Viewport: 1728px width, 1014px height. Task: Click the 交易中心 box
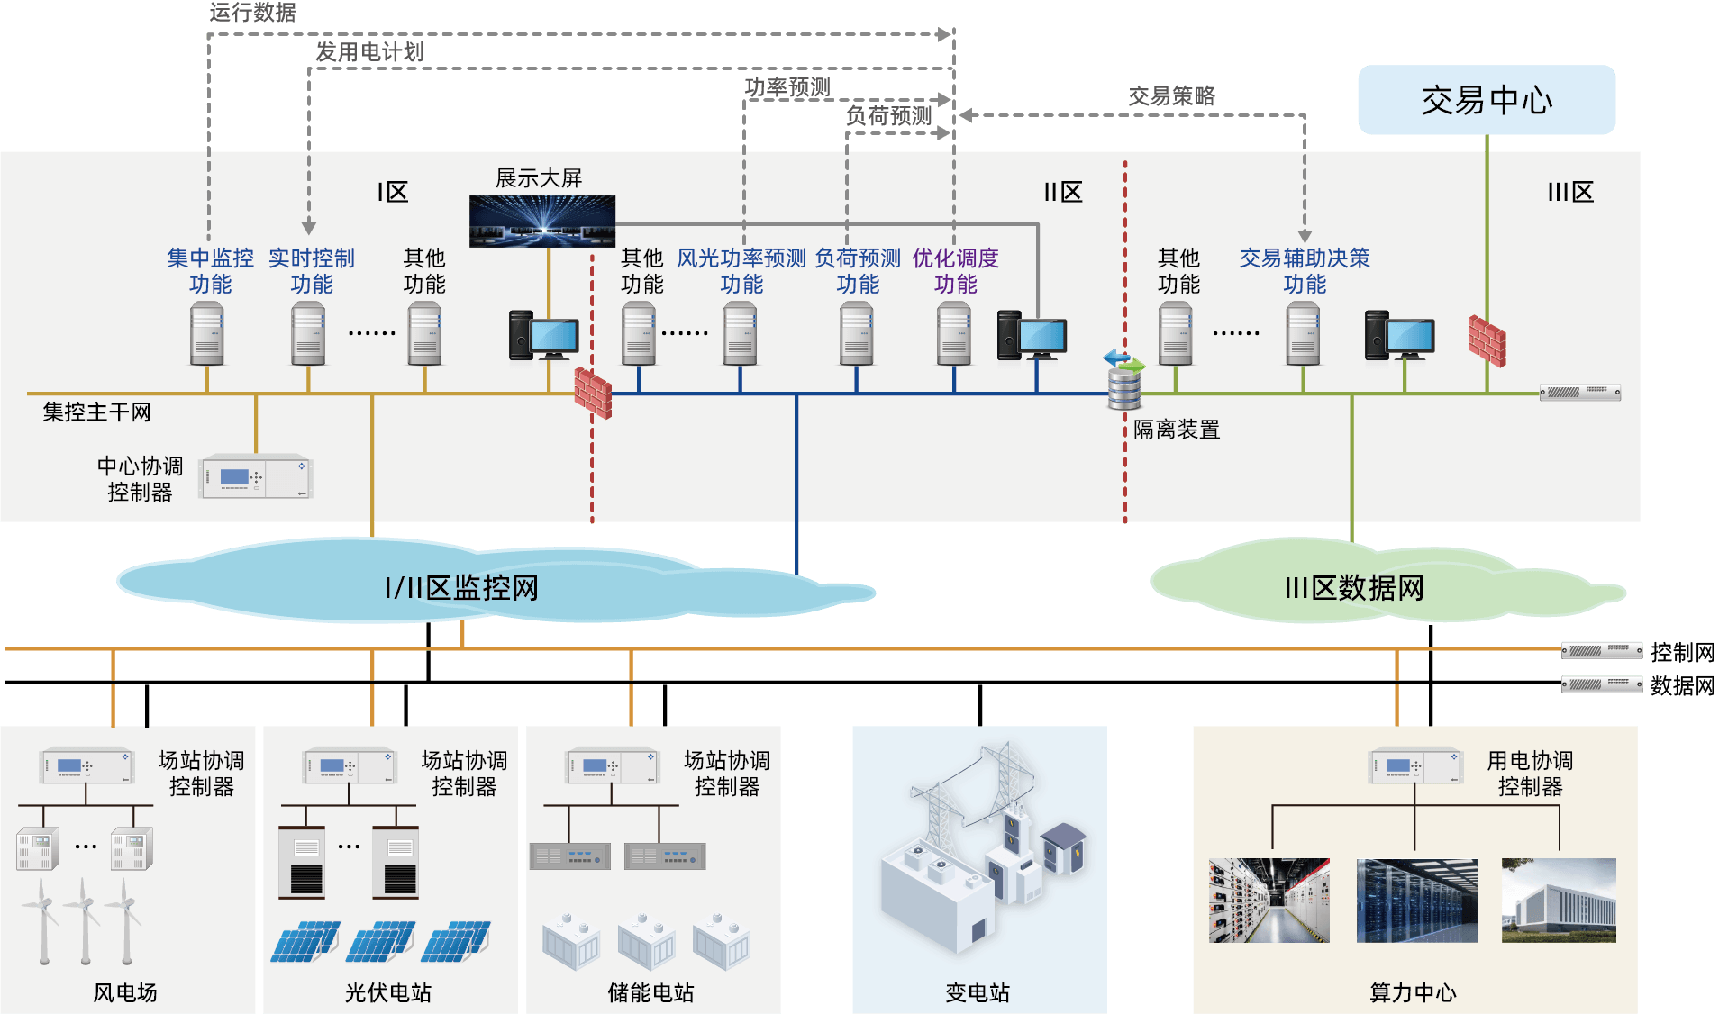[x=1487, y=100]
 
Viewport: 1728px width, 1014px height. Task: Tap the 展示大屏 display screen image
[x=542, y=221]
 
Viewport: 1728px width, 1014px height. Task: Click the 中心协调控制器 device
[x=256, y=476]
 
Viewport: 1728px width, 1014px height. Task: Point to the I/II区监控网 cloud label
[x=461, y=588]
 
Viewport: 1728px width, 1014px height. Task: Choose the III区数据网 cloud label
[x=1354, y=588]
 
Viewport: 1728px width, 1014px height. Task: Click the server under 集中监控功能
[x=207, y=334]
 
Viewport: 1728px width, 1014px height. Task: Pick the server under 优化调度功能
[x=954, y=334]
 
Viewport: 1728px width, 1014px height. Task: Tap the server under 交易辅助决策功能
[x=1303, y=334]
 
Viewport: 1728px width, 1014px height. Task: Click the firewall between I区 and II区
[x=593, y=393]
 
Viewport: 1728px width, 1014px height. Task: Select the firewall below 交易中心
[x=1487, y=340]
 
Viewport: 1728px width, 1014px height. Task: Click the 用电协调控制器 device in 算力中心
[x=1415, y=766]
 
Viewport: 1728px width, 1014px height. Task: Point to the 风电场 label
[x=125, y=992]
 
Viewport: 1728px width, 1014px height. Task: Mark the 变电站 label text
[x=978, y=992]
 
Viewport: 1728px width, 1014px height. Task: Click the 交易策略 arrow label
[x=1171, y=95]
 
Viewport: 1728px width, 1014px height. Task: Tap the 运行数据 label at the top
[x=252, y=13]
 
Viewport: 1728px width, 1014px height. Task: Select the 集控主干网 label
[x=96, y=412]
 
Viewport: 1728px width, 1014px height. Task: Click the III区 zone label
[x=1570, y=192]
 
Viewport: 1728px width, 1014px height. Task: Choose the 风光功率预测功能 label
[x=741, y=270]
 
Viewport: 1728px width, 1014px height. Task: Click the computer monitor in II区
[x=1043, y=338]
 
